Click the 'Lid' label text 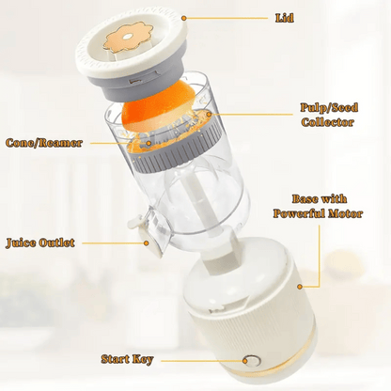(285, 18)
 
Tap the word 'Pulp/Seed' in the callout (329, 107)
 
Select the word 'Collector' (328, 122)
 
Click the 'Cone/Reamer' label (44, 143)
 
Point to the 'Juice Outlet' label (40, 242)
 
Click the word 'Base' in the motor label (304, 199)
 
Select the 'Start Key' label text (127, 359)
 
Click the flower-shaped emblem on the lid (129, 38)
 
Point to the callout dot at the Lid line (184, 18)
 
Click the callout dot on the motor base (300, 287)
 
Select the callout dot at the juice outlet (146, 242)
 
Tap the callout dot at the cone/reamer (149, 143)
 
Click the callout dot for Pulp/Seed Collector (209, 115)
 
